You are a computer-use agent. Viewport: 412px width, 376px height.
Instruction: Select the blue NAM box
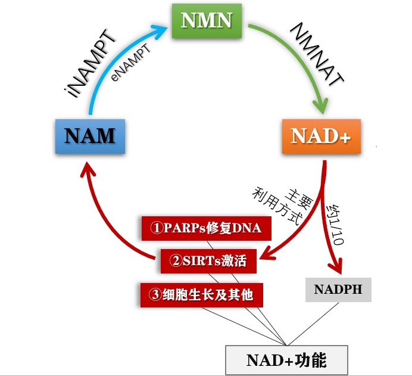tap(89, 136)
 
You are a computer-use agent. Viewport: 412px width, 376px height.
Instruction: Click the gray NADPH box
tap(338, 290)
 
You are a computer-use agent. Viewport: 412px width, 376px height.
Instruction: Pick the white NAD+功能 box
tap(286, 360)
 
